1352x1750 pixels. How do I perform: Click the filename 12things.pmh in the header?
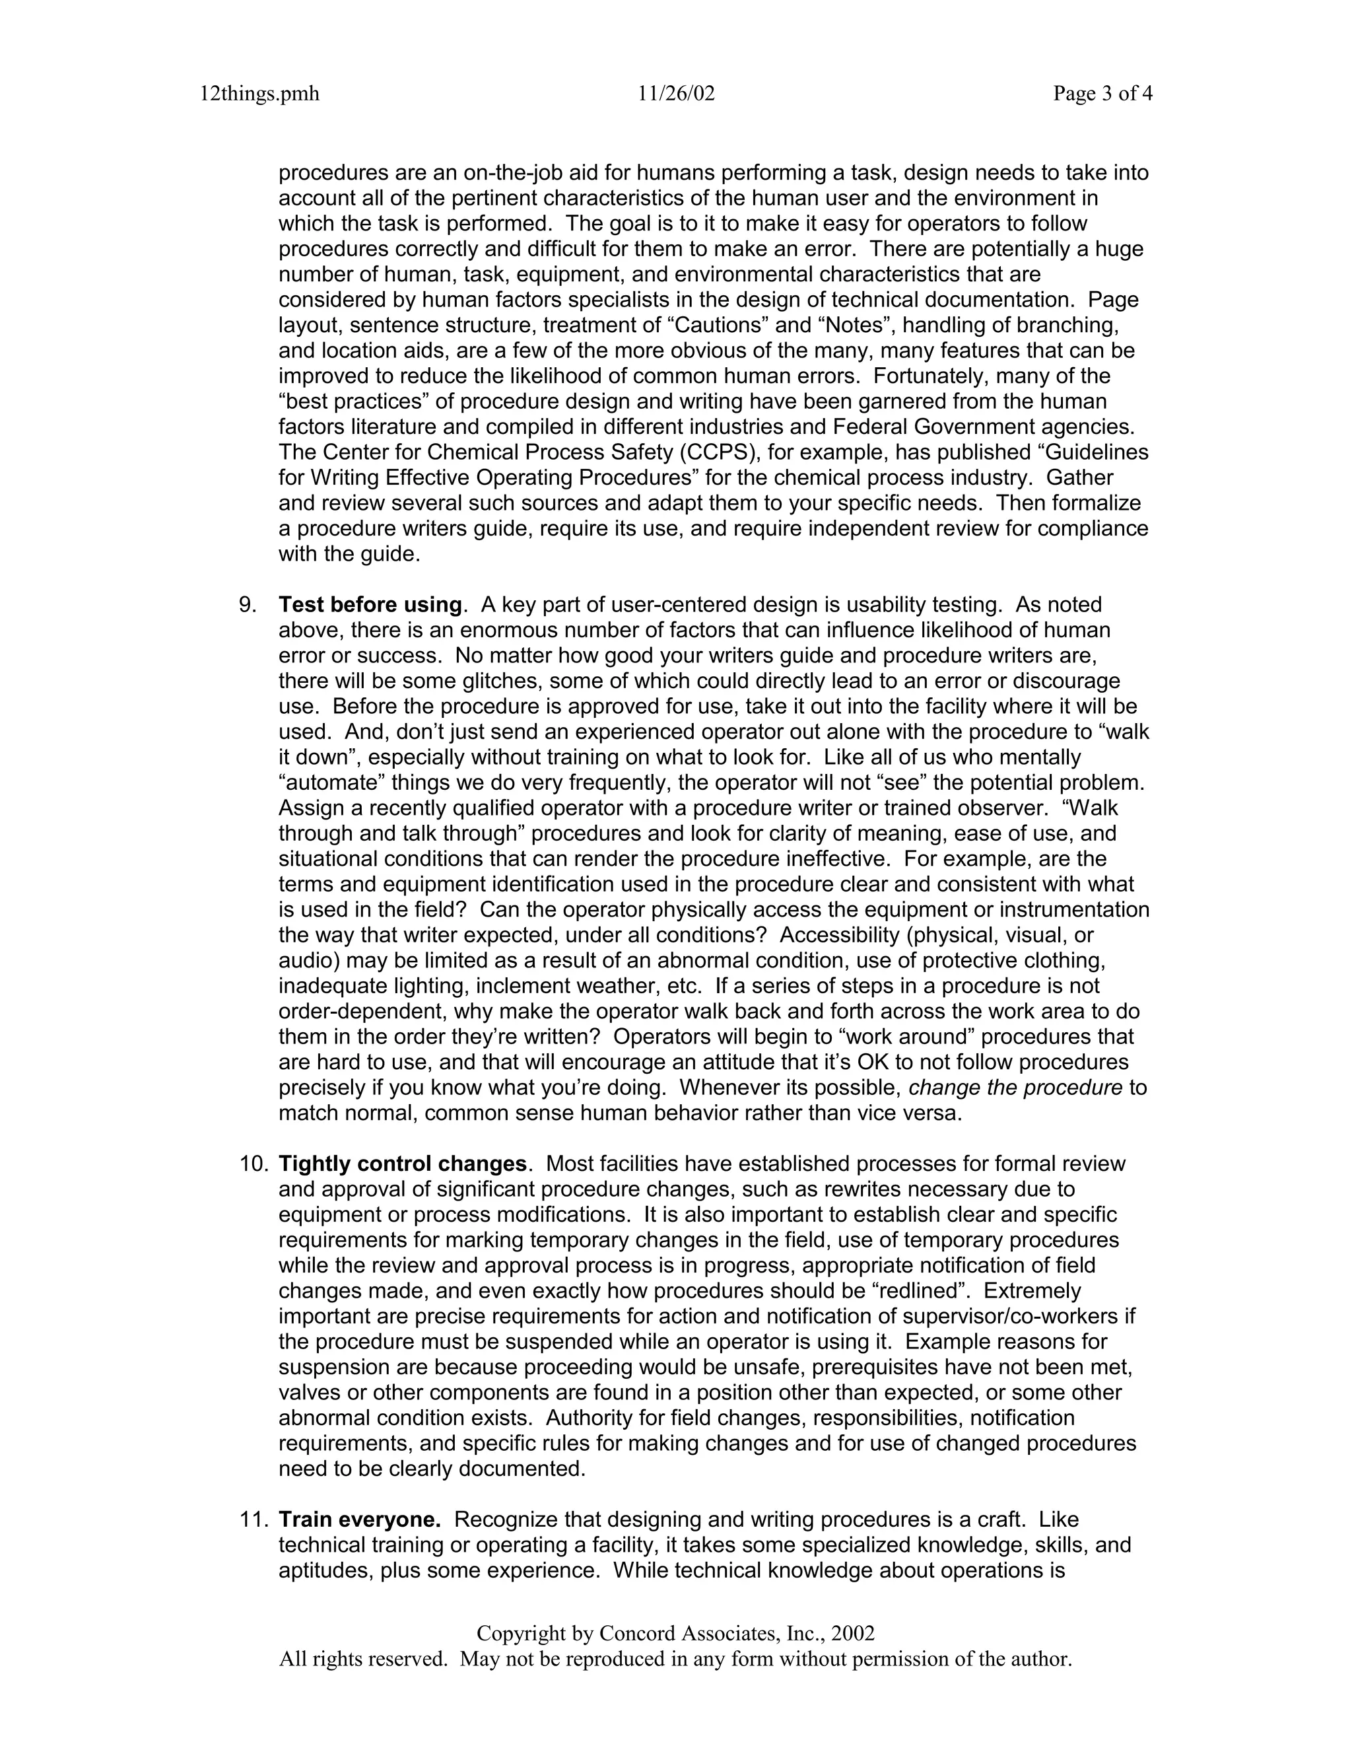click(x=259, y=94)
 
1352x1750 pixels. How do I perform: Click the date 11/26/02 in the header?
click(x=676, y=94)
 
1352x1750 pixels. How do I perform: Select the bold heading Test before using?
click(x=370, y=605)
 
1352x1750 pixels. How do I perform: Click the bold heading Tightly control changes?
click(x=403, y=1164)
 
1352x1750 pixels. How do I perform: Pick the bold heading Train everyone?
click(x=359, y=1520)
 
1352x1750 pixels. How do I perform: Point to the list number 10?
click(x=253, y=1164)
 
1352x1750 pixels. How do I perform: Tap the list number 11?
click(x=253, y=1520)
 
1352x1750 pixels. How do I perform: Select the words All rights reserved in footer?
click(x=362, y=1660)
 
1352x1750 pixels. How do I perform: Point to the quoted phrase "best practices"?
click(x=356, y=402)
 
